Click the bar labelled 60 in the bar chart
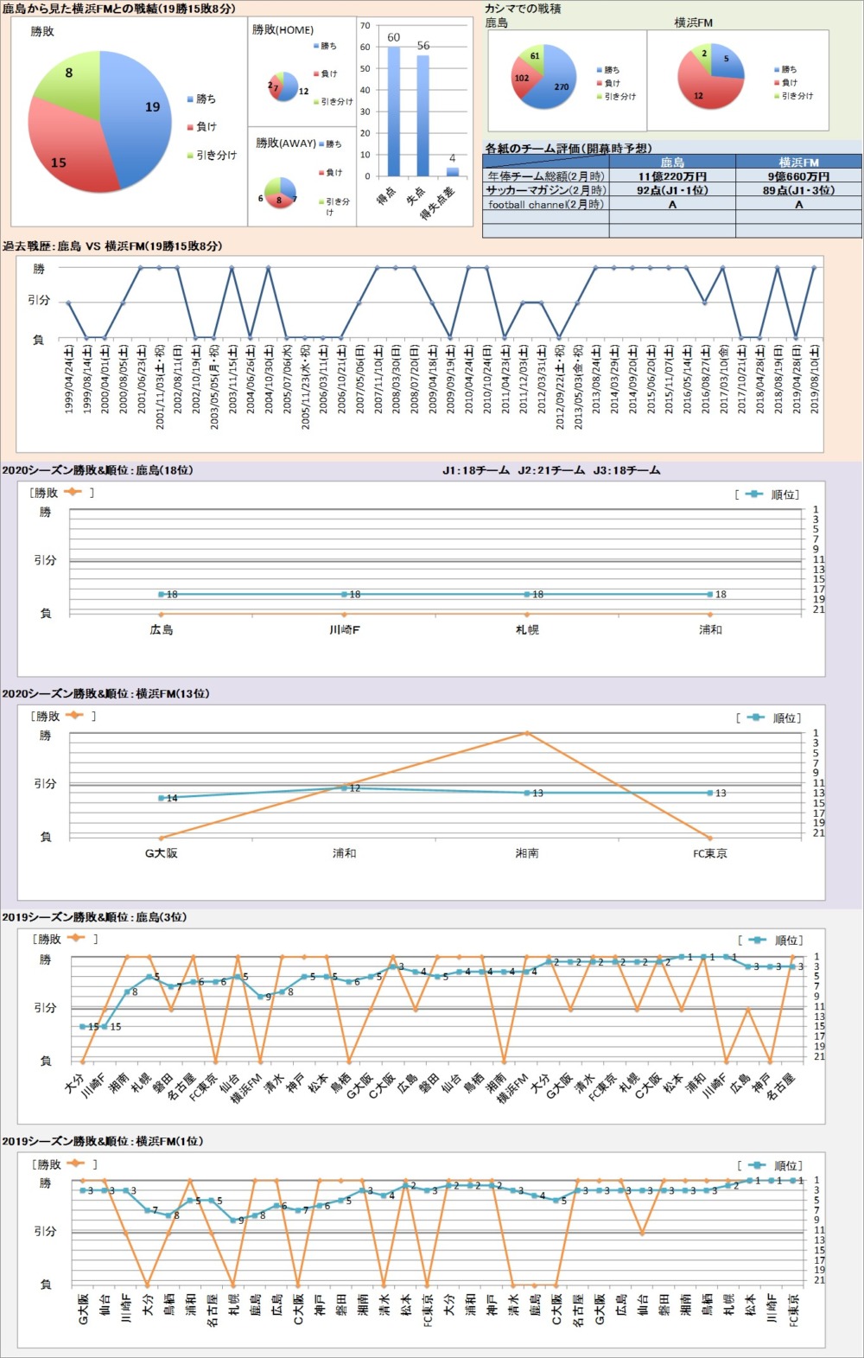(x=394, y=112)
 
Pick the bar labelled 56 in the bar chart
(x=422, y=117)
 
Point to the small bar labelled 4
(x=452, y=171)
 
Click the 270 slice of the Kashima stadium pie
(x=553, y=82)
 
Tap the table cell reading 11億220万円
(x=672, y=176)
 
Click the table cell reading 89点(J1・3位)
(x=798, y=190)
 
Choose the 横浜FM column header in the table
(x=798, y=162)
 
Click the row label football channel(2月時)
(x=546, y=205)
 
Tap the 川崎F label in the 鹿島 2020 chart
(x=344, y=630)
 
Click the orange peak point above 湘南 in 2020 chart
(x=527, y=733)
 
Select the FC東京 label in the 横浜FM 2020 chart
(x=710, y=853)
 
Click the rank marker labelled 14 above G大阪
(x=162, y=798)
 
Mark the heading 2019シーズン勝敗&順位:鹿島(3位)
(x=94, y=917)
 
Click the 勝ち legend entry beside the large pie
(x=206, y=99)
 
